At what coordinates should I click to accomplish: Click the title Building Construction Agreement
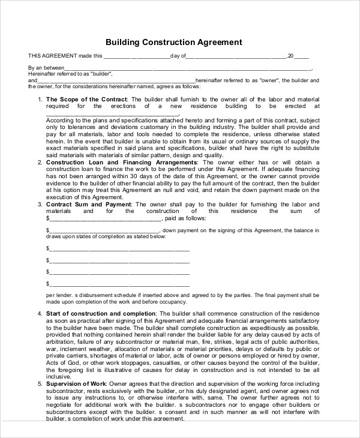(x=174, y=43)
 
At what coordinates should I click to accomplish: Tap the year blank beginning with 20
(x=298, y=56)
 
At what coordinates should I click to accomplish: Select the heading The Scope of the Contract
(x=86, y=99)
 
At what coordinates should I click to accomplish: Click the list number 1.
(x=40, y=99)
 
